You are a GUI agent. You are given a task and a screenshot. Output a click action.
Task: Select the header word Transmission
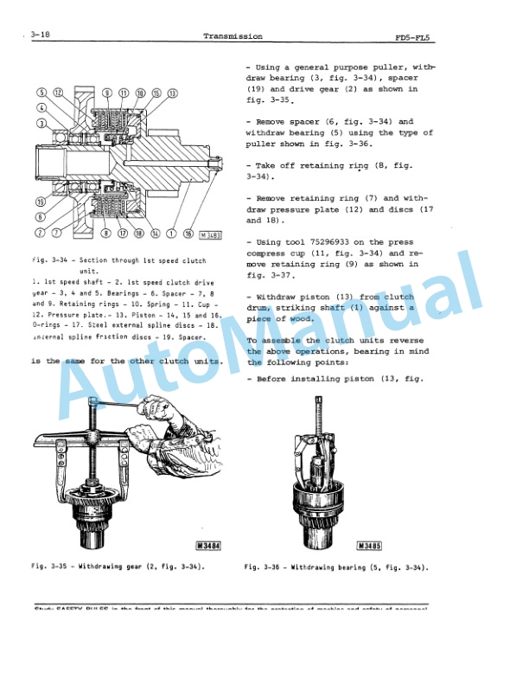pos(233,36)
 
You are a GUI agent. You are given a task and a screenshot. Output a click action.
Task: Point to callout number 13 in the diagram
pos(173,93)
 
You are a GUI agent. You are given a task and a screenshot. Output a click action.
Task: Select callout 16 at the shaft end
pos(188,233)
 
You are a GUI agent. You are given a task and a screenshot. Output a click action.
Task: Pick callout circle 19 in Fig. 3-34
pos(41,202)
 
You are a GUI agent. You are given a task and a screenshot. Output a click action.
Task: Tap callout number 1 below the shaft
pos(172,233)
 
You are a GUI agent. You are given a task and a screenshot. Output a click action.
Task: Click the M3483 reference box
pos(210,234)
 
